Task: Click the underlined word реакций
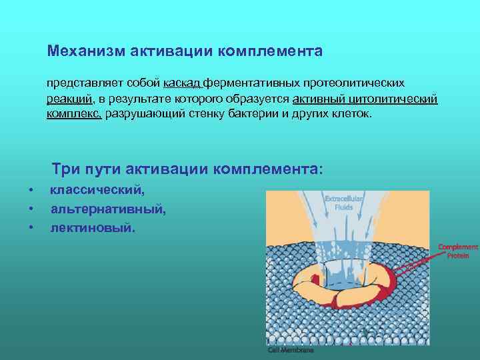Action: [x=69, y=99]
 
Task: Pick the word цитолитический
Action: [x=394, y=99]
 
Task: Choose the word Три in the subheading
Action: [x=67, y=169]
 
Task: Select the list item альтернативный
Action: [x=108, y=209]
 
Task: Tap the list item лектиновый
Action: [x=93, y=228]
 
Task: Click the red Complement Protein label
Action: [x=457, y=251]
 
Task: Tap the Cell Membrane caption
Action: [x=291, y=349]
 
